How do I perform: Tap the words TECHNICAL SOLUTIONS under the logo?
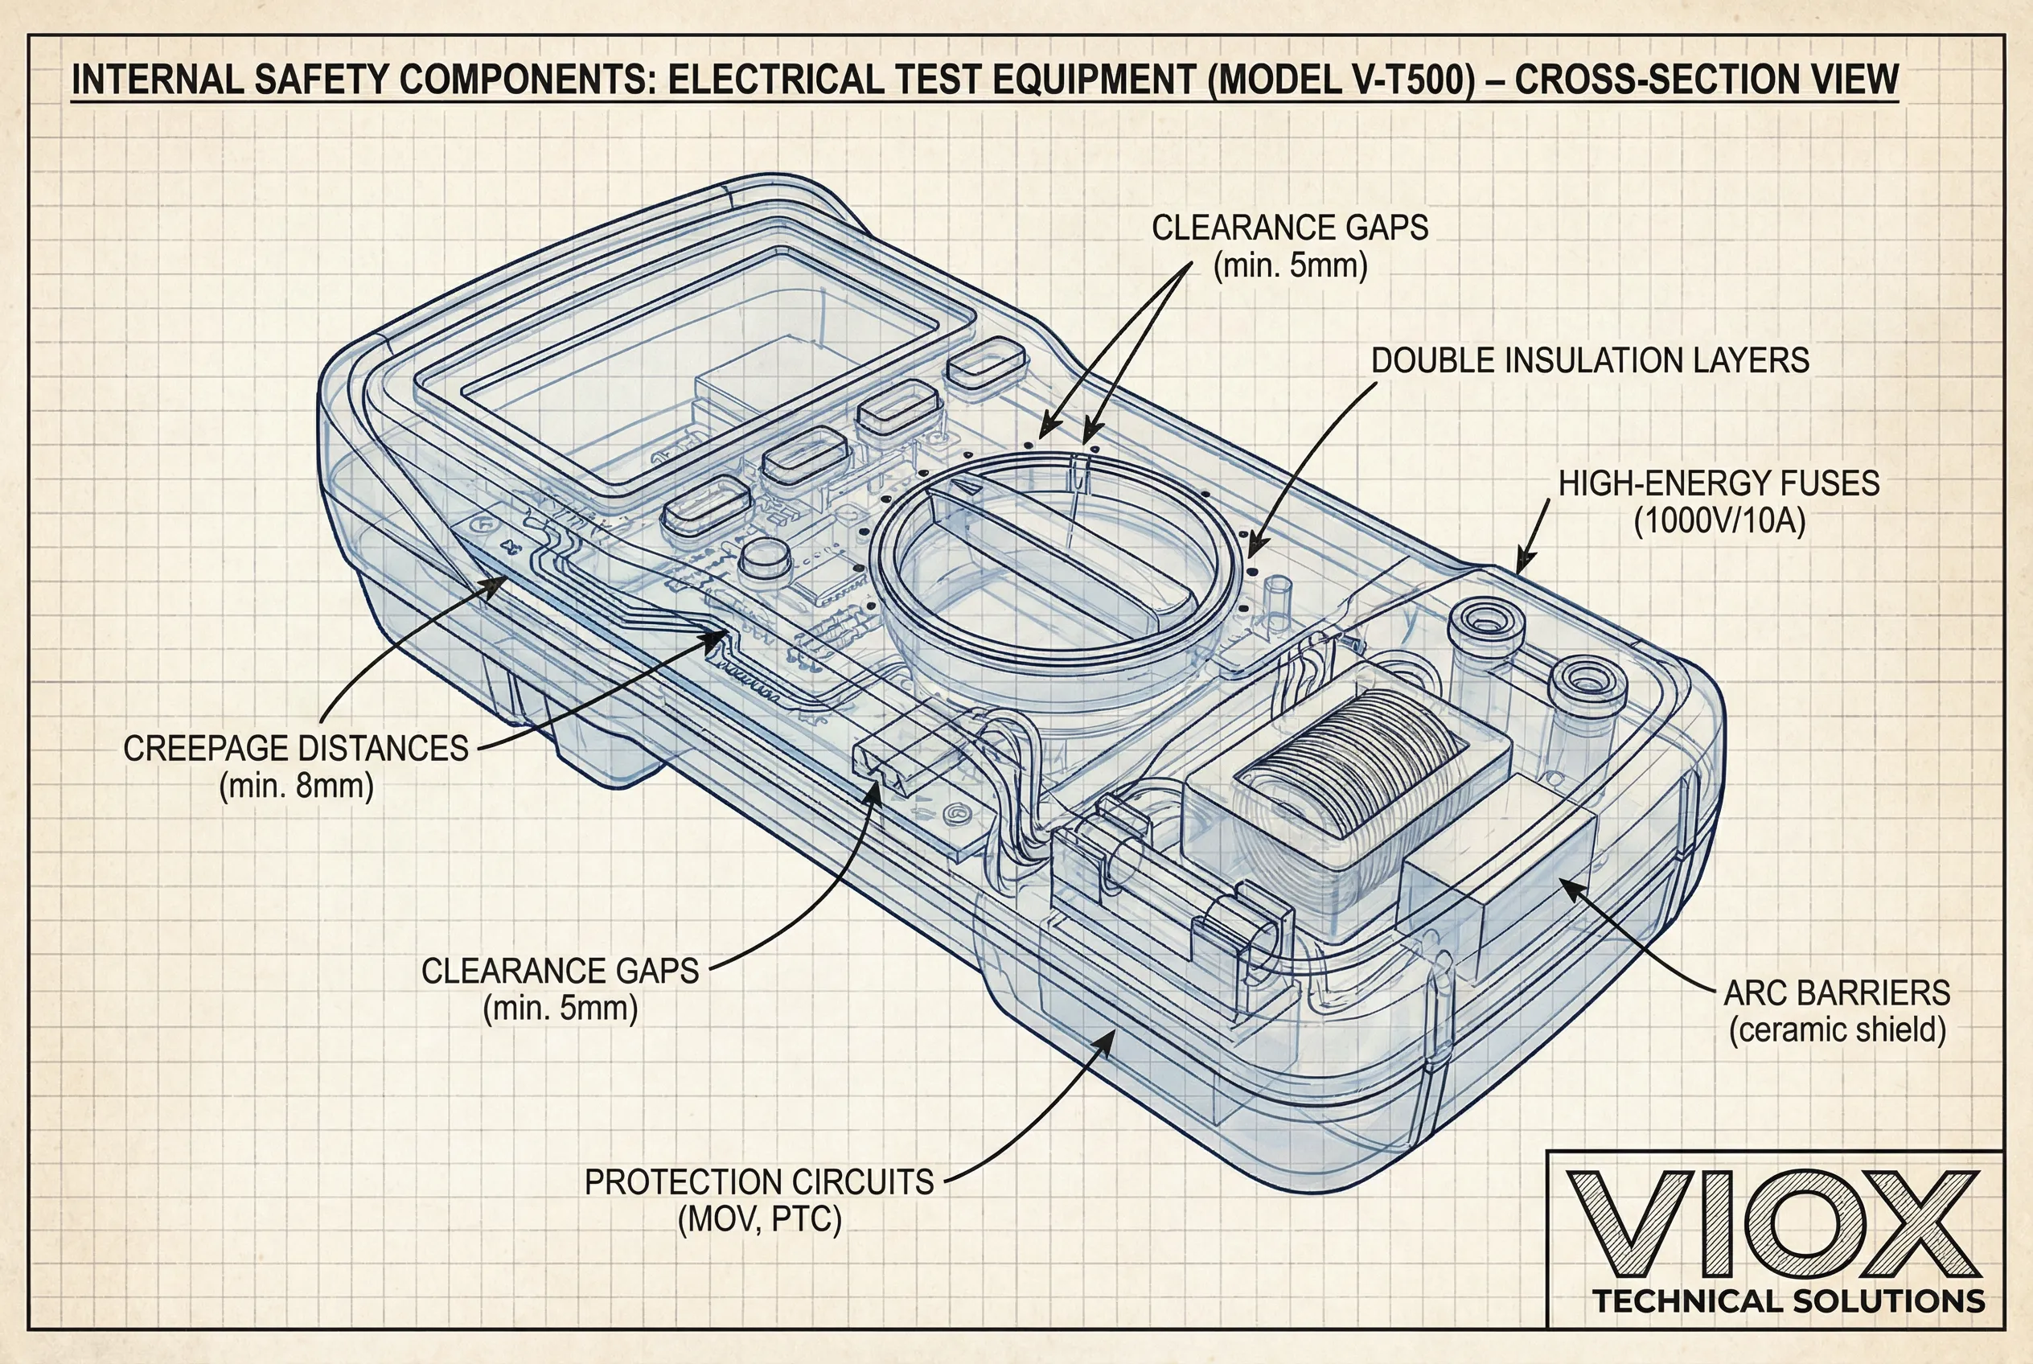pos(1789,1301)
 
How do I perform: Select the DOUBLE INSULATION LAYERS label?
pos(1589,360)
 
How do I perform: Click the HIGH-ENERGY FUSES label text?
pos(1718,483)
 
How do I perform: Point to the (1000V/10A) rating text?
pos(1720,521)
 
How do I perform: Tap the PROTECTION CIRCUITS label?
pos(758,1182)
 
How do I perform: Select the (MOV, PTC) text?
pos(759,1219)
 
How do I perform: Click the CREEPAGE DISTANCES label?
pos(296,748)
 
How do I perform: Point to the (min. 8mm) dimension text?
pos(296,787)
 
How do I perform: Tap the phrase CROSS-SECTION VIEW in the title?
pos(1706,80)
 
